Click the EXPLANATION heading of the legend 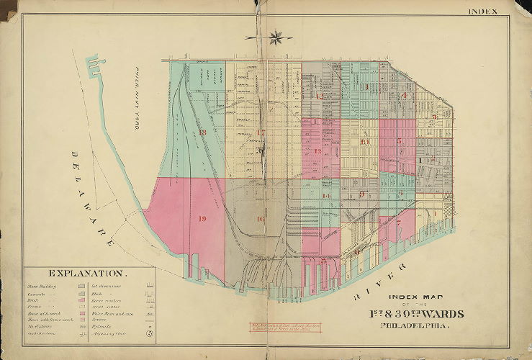[89, 274]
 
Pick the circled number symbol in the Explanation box [148, 333]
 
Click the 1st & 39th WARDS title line [417, 313]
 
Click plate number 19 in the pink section [202, 219]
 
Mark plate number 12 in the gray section [317, 96]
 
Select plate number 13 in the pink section [317, 151]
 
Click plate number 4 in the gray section [405, 95]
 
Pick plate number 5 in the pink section [398, 142]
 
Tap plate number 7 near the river [397, 223]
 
